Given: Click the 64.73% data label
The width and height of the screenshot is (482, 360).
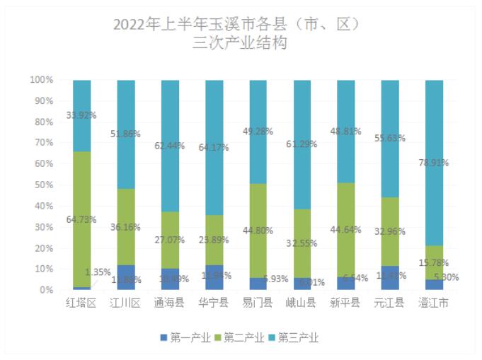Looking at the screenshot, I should click(x=81, y=220).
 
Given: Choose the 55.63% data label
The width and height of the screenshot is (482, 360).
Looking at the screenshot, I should click(x=390, y=139).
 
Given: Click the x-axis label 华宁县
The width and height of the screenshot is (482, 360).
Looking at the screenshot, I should click(x=214, y=303).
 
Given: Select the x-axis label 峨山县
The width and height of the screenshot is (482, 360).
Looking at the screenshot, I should click(x=302, y=303).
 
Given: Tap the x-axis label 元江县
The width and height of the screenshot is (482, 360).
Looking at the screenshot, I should click(x=390, y=303).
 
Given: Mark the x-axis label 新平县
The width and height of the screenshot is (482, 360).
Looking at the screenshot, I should click(x=346, y=303).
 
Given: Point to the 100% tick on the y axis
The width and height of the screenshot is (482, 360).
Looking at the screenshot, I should click(x=41, y=80).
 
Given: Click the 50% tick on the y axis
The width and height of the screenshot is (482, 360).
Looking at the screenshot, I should click(x=44, y=185).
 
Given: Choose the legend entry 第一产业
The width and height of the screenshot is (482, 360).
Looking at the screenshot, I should click(x=185, y=337).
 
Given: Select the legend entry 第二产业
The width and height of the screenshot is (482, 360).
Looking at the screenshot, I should click(x=241, y=337).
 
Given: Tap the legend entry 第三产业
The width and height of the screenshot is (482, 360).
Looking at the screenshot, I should click(x=294, y=337).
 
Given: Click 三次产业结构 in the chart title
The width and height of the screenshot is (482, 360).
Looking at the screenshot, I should click(x=241, y=43).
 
